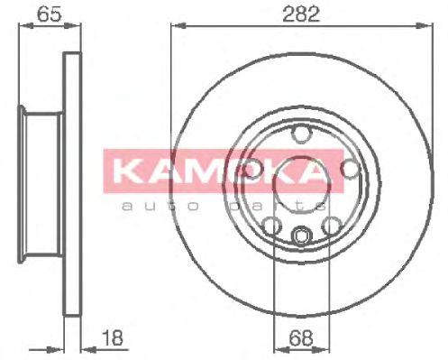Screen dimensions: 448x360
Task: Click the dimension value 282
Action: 301,14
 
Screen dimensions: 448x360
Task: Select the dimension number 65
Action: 50,14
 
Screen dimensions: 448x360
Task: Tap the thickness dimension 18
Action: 113,337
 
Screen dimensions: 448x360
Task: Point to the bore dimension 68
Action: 301,337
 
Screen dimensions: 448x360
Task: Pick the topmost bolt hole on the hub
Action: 301,134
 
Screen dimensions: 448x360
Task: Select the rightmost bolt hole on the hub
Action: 351,169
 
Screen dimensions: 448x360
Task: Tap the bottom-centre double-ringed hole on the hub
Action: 301,235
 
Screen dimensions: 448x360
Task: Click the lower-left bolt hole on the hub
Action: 271,226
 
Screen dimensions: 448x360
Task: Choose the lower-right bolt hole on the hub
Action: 332,226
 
